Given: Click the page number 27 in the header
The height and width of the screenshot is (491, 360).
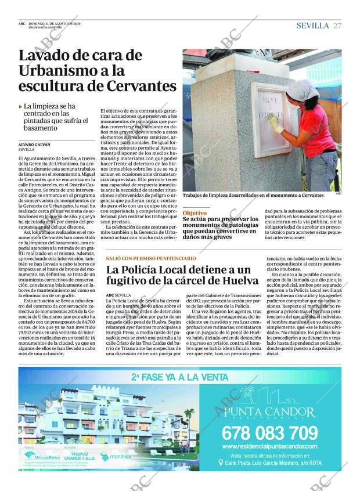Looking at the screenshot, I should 337,26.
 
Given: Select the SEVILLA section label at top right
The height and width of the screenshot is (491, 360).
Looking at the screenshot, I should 312,26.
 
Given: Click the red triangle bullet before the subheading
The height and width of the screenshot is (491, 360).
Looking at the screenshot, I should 21,107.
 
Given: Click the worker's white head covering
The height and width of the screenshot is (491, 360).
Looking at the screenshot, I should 302,90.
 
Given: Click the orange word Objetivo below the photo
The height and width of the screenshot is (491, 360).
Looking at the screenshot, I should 195,213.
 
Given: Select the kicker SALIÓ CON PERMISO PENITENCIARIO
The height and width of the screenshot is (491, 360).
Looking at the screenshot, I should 151,258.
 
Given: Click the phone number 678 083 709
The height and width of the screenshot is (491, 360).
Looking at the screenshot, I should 270,433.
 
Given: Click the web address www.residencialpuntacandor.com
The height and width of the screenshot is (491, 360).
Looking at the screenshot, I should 270,446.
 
